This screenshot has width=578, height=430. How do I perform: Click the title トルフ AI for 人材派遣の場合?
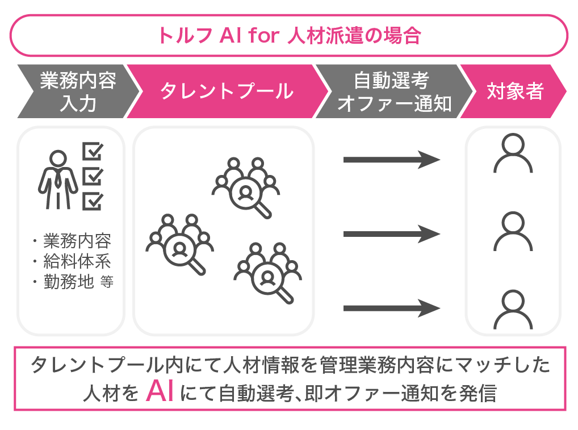(288, 35)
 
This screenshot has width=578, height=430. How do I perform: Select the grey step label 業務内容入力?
(78, 91)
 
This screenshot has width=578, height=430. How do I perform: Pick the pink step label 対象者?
(515, 91)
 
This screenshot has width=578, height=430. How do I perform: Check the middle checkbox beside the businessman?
(93, 176)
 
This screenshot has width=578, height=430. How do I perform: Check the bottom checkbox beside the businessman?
(93, 201)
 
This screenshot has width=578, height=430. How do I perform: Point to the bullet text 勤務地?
(68, 282)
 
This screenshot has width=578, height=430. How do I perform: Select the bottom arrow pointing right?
(392, 308)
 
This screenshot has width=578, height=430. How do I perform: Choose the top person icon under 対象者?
(513, 153)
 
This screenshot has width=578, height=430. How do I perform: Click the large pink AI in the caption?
(160, 392)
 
